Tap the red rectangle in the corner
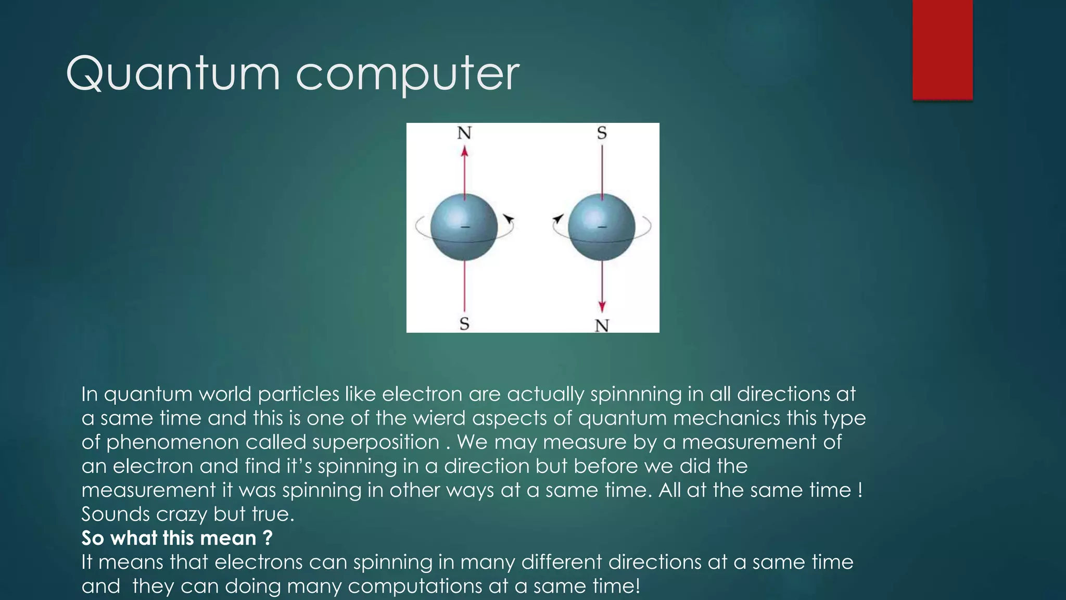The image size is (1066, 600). (942, 49)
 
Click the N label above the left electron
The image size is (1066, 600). (464, 133)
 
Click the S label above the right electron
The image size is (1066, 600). (602, 133)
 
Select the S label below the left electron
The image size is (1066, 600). (464, 324)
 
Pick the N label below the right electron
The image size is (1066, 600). (602, 326)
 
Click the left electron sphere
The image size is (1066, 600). (464, 227)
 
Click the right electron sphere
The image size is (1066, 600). (602, 227)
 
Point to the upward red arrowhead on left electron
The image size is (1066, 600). (465, 152)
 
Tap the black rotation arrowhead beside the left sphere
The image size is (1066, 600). (509, 219)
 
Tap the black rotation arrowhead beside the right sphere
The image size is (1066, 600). (558, 219)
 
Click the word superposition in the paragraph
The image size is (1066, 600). (376, 442)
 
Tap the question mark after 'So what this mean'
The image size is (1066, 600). (268, 538)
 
